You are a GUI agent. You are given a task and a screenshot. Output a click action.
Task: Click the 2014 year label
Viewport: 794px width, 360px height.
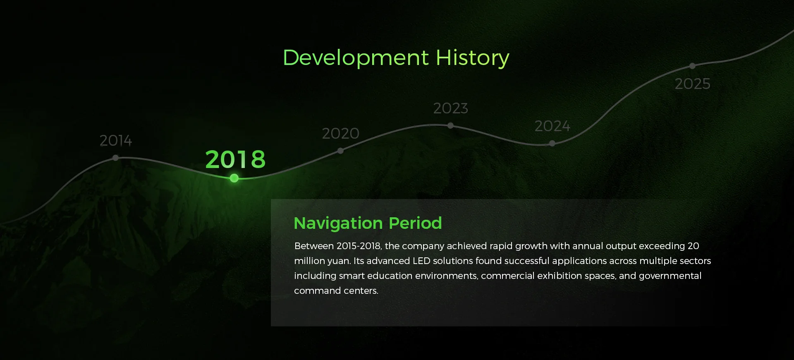coord(116,141)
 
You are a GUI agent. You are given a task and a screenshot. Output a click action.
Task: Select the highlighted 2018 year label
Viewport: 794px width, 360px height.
coord(235,159)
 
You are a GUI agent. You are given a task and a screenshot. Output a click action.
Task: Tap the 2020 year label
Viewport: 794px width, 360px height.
coord(340,133)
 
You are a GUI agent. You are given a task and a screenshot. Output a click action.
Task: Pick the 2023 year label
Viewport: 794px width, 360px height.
coord(450,108)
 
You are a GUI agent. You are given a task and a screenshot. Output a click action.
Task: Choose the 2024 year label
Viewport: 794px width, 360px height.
coord(552,126)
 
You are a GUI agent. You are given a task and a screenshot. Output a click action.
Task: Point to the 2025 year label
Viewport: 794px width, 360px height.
coord(692,84)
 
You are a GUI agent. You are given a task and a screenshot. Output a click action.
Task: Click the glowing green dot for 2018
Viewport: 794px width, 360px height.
coord(234,178)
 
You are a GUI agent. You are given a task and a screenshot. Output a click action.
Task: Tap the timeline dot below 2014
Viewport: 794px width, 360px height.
coord(115,158)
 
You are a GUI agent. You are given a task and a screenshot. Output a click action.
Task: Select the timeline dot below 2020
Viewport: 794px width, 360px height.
coord(340,151)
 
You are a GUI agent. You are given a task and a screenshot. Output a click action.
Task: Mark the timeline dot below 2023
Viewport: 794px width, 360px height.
coord(450,125)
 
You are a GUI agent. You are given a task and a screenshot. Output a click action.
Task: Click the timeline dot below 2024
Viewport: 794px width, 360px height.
coord(552,143)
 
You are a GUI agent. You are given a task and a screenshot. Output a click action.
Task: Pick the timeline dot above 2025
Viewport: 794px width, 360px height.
coord(692,66)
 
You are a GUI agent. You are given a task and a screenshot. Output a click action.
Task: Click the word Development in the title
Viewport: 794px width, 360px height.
coord(356,58)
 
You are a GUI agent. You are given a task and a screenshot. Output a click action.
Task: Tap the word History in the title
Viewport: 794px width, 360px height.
coord(473,58)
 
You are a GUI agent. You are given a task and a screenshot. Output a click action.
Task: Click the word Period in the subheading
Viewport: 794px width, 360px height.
coord(415,223)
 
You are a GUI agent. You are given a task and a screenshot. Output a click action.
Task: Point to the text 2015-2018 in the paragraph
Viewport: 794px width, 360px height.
coord(359,246)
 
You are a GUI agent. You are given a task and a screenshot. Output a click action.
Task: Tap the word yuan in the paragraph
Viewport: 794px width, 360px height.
coord(339,262)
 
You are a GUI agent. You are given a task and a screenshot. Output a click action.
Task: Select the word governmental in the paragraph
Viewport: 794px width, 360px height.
coord(670,276)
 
